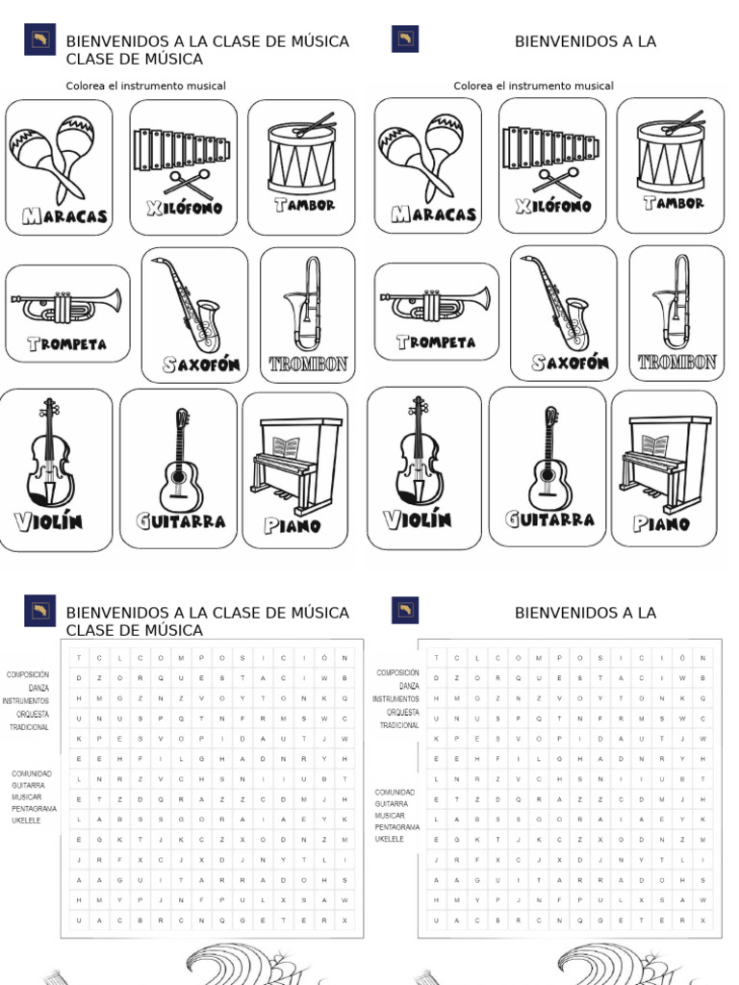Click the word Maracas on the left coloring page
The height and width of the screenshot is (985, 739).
[x=59, y=215]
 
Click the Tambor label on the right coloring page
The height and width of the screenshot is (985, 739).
[x=673, y=203]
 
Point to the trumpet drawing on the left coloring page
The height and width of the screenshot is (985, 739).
[x=66, y=305]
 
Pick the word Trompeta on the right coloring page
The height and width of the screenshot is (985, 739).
[x=436, y=341]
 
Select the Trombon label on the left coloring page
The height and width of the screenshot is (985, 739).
[x=308, y=365]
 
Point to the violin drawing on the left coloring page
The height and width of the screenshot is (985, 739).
[x=49, y=452]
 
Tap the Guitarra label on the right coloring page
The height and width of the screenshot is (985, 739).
[x=549, y=519]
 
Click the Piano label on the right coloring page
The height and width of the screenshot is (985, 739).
[x=661, y=524]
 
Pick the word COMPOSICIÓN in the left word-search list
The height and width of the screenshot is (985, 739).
[x=28, y=675]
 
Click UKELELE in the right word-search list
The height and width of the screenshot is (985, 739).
[x=389, y=839]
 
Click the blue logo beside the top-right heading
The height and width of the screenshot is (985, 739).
[x=405, y=39]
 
